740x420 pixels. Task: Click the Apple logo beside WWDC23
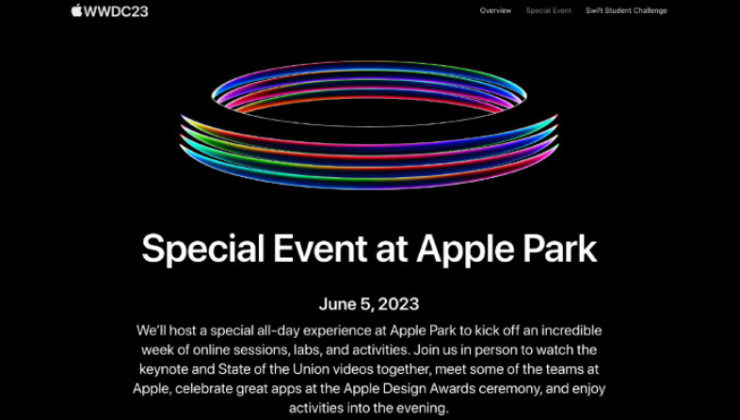click(x=76, y=10)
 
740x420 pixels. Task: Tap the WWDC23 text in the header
click(x=116, y=11)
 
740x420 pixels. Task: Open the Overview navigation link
click(x=495, y=10)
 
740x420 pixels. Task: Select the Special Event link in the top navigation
click(x=548, y=10)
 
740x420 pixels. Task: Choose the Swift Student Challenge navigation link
click(x=626, y=10)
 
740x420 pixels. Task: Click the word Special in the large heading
click(x=203, y=249)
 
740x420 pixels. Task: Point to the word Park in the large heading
click(x=559, y=248)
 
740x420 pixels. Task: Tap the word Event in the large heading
click(x=320, y=248)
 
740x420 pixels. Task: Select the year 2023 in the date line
click(x=398, y=304)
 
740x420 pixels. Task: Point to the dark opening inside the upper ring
click(x=368, y=112)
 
